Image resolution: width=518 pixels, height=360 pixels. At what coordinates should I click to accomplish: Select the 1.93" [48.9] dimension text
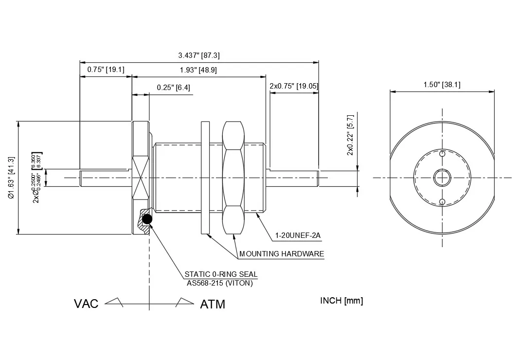click(198, 70)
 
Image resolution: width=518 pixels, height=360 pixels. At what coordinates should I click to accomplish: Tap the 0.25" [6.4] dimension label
click(174, 88)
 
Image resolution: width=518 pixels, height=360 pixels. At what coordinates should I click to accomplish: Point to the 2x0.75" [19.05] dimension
click(294, 86)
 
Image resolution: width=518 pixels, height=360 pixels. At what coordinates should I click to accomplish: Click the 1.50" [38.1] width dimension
click(442, 85)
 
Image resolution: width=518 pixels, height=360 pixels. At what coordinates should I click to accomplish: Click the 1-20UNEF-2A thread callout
click(298, 236)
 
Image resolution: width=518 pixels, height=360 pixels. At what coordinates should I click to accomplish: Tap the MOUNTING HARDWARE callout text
click(281, 253)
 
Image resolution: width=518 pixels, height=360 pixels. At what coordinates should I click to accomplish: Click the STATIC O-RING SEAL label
click(221, 274)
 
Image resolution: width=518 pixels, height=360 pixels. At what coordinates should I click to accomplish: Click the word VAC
click(86, 304)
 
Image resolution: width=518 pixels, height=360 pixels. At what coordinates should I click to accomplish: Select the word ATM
click(213, 305)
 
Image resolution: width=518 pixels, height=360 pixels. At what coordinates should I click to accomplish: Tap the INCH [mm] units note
click(341, 300)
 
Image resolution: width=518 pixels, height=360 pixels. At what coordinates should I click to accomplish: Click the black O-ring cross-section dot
click(147, 220)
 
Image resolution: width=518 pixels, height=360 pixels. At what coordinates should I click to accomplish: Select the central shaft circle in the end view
click(442, 178)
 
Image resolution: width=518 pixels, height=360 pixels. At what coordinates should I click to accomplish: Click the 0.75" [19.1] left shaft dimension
click(106, 70)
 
